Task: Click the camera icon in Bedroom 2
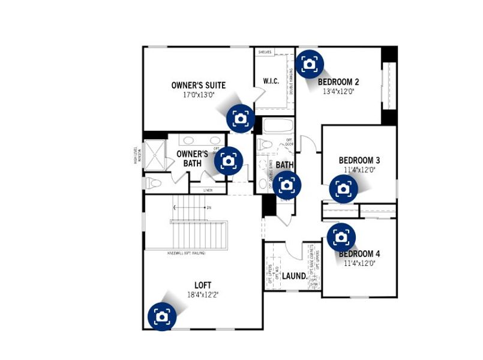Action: [310, 64]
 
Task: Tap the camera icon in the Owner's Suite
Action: [241, 118]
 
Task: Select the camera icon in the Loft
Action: [162, 316]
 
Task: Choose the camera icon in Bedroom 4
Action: [341, 238]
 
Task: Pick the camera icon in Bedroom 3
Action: [344, 189]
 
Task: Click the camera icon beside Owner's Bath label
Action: [229, 161]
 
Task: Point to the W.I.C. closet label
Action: [271, 81]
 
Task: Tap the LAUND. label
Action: [294, 277]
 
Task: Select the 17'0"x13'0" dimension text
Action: [199, 95]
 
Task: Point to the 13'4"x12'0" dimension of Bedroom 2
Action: [338, 92]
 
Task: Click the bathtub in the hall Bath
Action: [278, 127]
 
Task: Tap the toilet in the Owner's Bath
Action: [153, 182]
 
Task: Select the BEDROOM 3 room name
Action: [359, 160]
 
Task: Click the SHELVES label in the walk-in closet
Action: [265, 53]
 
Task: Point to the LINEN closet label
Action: [208, 190]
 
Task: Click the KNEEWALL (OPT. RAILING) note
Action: [188, 253]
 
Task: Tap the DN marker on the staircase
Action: [209, 208]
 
